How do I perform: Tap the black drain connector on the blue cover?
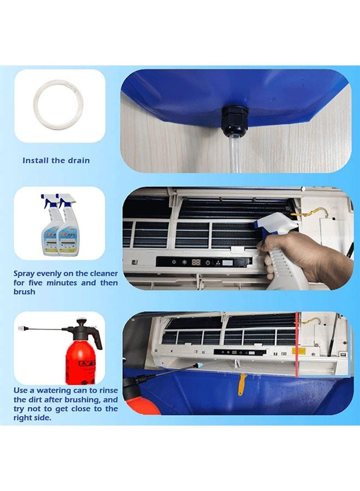point(234,122)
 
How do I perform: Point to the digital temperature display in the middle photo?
point(196,262)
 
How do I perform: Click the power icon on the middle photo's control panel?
point(208,262)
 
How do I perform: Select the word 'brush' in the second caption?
point(24,292)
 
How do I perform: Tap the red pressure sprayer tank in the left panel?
point(80,363)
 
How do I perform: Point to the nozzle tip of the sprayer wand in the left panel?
point(20,328)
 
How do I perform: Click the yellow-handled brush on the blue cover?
point(241,384)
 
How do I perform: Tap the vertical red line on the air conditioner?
point(296,344)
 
